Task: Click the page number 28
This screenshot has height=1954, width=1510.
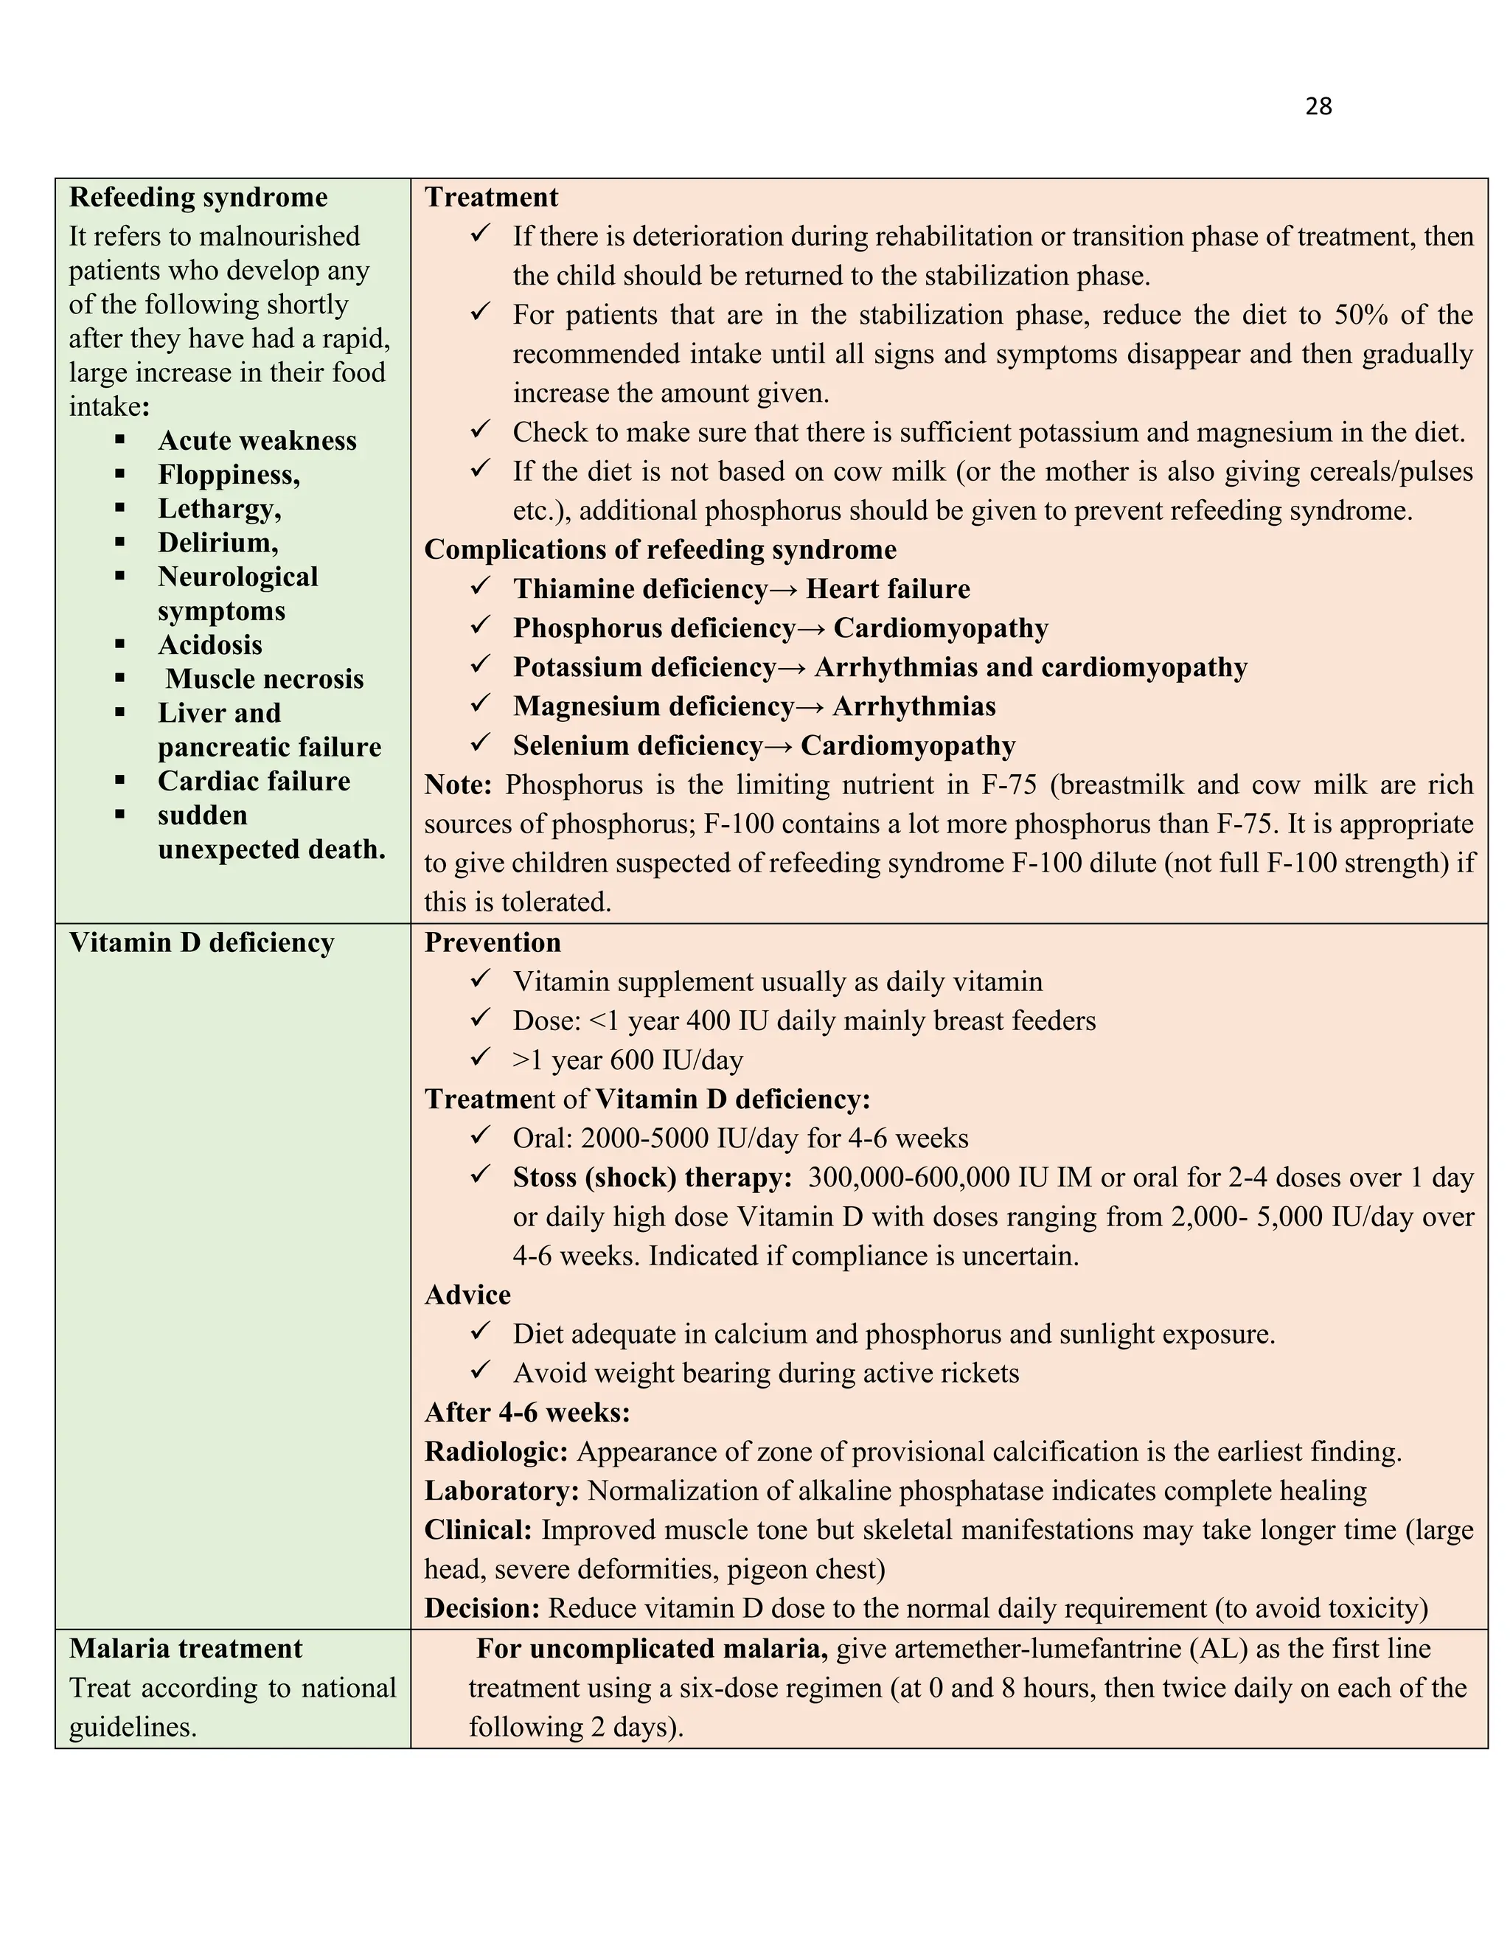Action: click(1318, 106)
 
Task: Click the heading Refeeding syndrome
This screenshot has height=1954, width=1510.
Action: click(198, 197)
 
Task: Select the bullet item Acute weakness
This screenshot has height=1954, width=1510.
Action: click(257, 440)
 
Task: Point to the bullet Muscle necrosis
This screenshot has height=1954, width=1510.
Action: click(264, 678)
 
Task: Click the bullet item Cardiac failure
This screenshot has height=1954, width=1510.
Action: click(254, 780)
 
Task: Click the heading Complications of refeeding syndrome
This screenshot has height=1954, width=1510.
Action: click(659, 549)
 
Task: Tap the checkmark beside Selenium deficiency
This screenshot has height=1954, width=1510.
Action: click(481, 743)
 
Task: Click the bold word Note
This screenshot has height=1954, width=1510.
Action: click(457, 785)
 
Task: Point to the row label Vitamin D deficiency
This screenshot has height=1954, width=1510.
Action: click(201, 942)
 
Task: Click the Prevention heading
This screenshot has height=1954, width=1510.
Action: click(492, 942)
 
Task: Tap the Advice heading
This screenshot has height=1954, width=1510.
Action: click(467, 1295)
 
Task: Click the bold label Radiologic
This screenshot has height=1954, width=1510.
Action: click(495, 1451)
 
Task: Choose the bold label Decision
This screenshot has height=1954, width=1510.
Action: click(481, 1607)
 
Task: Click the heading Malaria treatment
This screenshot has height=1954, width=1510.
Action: click(185, 1648)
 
